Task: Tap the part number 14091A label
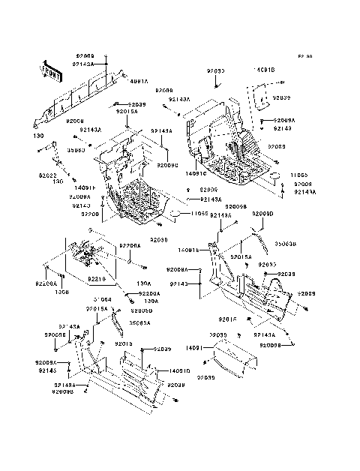pos(139,80)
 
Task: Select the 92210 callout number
pos(96,279)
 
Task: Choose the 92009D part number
pos(263,214)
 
